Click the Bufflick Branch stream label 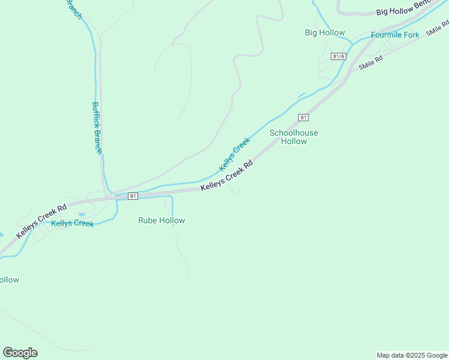point(97,127)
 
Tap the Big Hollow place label point(325,33)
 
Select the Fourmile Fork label point(395,35)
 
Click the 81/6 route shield point(339,56)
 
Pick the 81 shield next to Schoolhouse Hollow point(304,118)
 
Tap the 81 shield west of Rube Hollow point(133,196)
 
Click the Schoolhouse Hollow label point(294,137)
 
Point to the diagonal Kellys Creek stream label point(234,154)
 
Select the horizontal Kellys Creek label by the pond point(72,223)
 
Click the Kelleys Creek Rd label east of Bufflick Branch point(226,175)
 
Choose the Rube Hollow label point(161,220)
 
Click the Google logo point(20,352)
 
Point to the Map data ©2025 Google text point(412,355)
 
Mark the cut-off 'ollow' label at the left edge point(9,280)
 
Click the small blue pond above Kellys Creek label point(81,214)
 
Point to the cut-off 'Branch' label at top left point(74,8)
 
